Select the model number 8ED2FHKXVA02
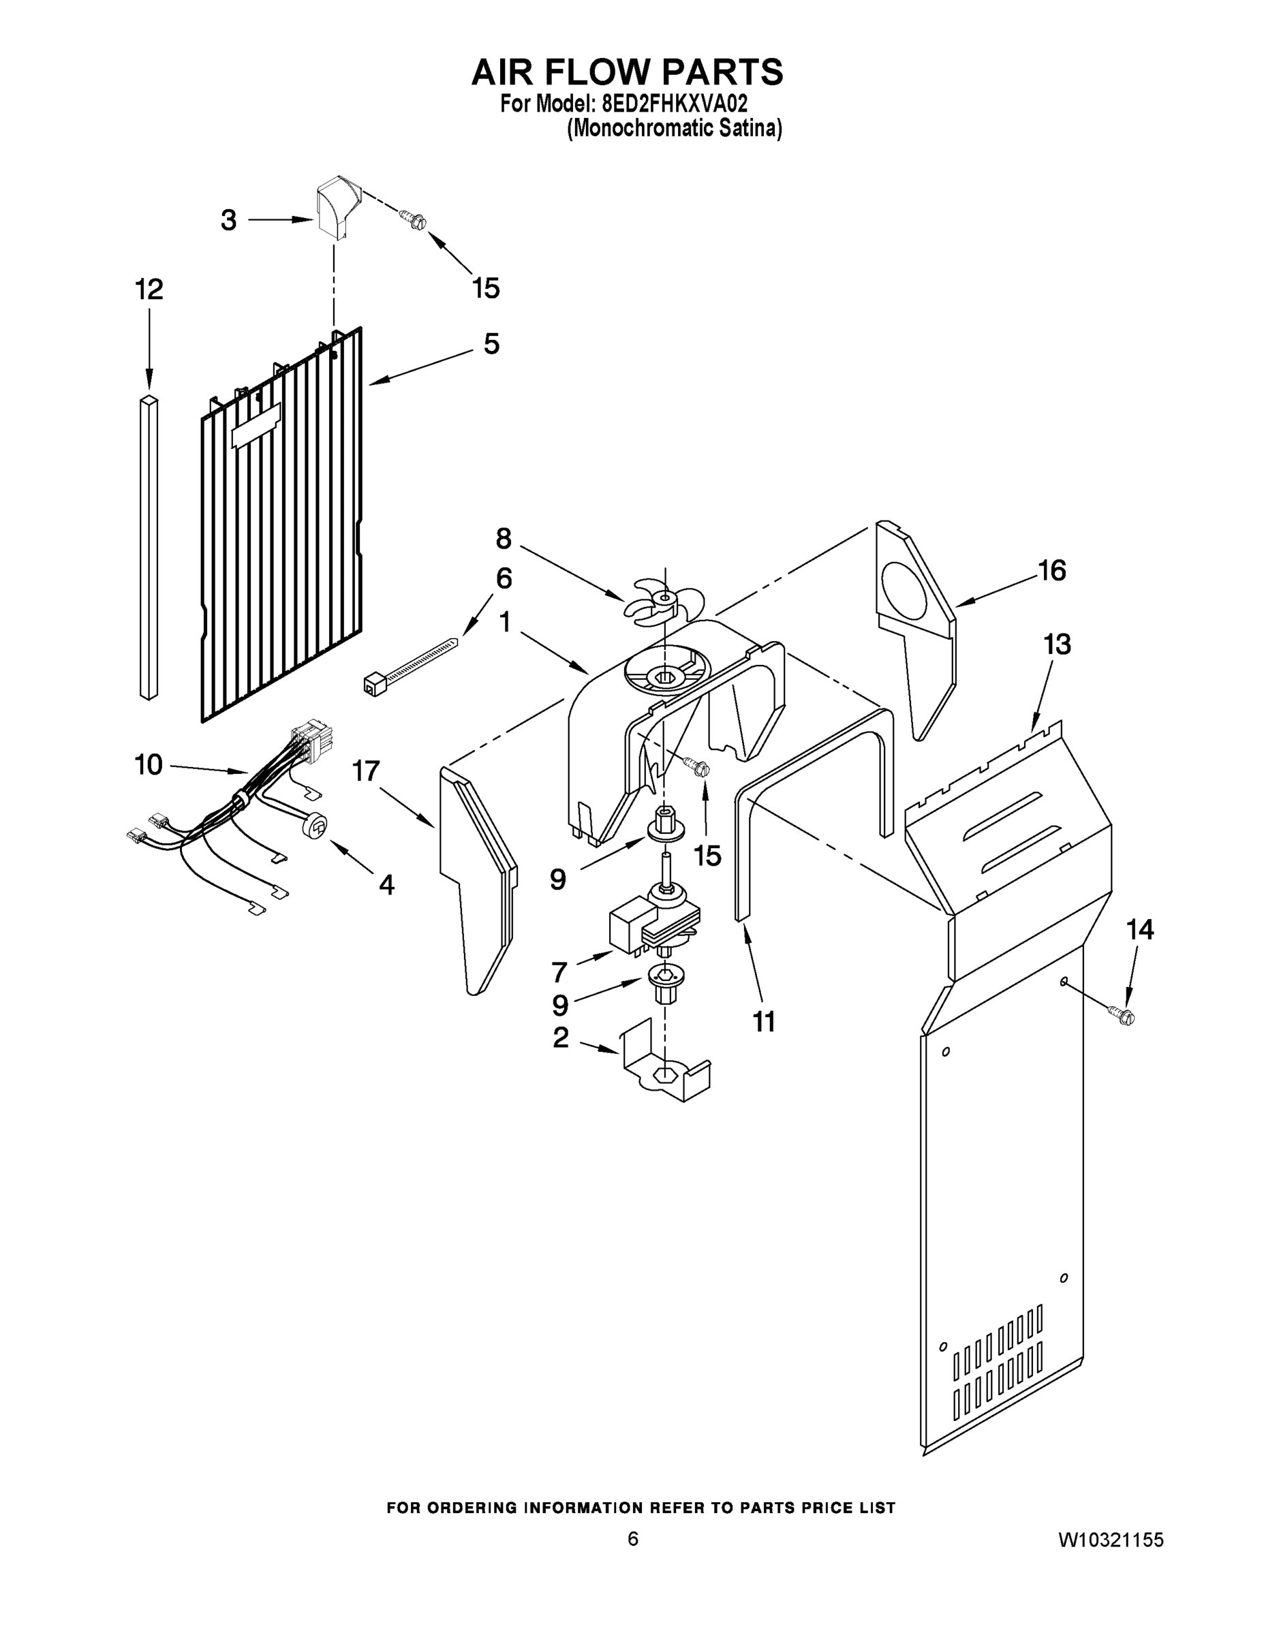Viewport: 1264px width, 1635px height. [674, 103]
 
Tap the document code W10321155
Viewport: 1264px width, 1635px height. [1110, 1540]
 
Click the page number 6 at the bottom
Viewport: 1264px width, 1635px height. [633, 1539]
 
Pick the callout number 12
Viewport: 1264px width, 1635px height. [149, 289]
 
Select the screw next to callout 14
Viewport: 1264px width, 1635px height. [1123, 1016]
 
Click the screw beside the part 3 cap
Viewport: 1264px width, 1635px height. [413, 219]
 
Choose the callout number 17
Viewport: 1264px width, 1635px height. [366, 770]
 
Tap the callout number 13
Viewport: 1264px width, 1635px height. [1057, 644]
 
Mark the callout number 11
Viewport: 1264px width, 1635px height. [764, 1021]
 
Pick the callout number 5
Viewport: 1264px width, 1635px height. [491, 344]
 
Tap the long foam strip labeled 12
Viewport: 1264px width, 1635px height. [149, 546]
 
